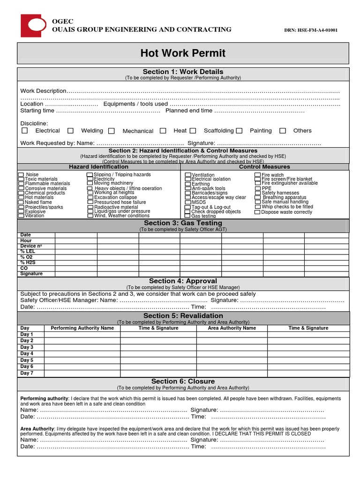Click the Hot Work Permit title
pyautogui.click(x=183, y=53)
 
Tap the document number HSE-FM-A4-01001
pyautogui.click(x=311, y=30)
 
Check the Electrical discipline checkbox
pyautogui.click(x=25, y=131)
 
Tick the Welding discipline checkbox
pyautogui.click(x=70, y=131)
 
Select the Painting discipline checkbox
pyautogui.click(x=239, y=131)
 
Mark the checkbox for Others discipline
pyautogui.click(x=283, y=131)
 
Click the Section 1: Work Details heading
pyautogui.click(x=183, y=72)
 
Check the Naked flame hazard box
pyautogui.click(x=21, y=202)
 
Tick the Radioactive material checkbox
pyautogui.click(x=90, y=207)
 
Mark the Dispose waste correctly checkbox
pyautogui.click(x=257, y=212)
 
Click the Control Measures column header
pyautogui.click(x=264, y=167)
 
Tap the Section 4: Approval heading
pyautogui.click(x=183, y=281)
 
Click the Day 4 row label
pyautogui.click(x=27, y=354)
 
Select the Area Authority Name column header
pyautogui.click(x=232, y=328)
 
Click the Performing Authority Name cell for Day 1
pyautogui.click(x=82, y=335)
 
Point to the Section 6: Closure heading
pyautogui.click(x=183, y=382)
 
